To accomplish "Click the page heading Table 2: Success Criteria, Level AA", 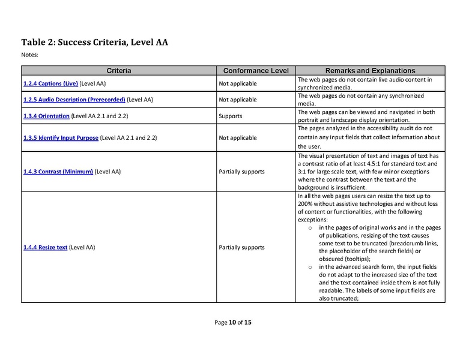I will point(94,42).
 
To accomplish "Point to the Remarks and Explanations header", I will point(370,71).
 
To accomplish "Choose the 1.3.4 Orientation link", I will point(46,115).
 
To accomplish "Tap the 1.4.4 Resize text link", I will point(45,247).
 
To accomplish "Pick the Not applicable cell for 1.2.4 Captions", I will point(237,83).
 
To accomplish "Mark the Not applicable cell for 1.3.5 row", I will point(237,137).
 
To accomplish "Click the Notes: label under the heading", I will point(29,55).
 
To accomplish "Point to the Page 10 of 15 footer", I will point(233,323).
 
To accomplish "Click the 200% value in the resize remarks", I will point(306,203).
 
